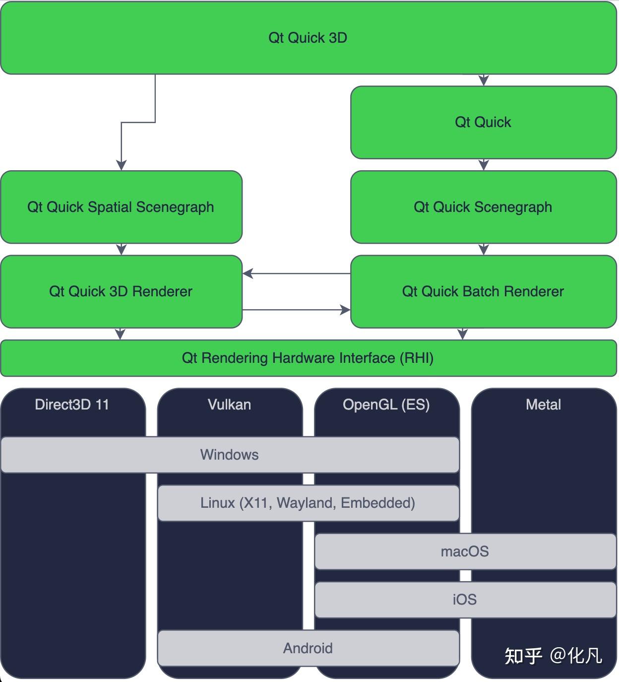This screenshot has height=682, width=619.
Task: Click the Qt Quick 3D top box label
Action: tap(308, 38)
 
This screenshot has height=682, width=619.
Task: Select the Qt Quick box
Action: tap(483, 122)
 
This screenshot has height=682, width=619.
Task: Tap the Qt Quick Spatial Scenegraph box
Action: tap(121, 207)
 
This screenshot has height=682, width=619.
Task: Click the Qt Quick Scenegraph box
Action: tap(483, 207)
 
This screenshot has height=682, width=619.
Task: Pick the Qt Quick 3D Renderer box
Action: tap(121, 291)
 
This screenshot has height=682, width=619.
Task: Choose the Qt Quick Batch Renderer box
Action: tap(483, 291)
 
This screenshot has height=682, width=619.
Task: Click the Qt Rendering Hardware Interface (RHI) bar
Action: tap(308, 358)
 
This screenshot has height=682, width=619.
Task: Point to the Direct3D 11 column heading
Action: tap(72, 405)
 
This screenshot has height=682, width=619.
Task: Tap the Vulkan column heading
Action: tap(229, 405)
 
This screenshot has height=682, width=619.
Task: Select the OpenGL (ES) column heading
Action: tap(386, 405)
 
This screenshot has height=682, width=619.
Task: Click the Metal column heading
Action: tap(543, 405)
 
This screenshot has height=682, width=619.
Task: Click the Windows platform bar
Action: tap(229, 455)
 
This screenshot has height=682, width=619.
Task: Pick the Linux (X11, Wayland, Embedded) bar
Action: tap(308, 503)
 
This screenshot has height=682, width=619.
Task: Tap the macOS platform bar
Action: tap(465, 551)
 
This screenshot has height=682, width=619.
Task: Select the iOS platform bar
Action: tap(465, 600)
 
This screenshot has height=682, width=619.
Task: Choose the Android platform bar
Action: tap(308, 648)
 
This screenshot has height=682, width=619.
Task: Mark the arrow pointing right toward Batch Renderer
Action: tap(344, 310)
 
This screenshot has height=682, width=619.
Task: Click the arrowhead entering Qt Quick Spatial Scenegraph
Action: tap(121, 165)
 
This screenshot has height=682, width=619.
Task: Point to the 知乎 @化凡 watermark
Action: tap(553, 656)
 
